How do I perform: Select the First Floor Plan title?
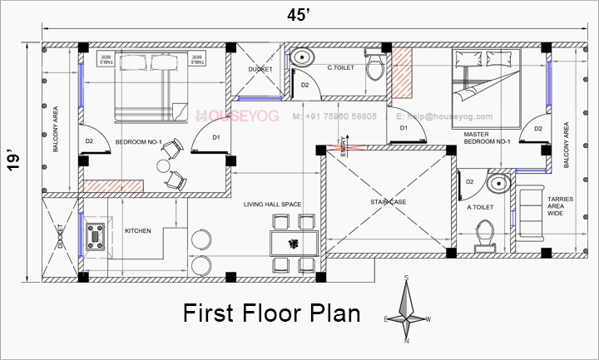pyautogui.click(x=271, y=313)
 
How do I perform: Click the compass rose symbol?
pyautogui.click(x=407, y=308)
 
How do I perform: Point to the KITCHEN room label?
pyautogui.click(x=137, y=230)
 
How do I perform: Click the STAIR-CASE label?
pyautogui.click(x=387, y=201)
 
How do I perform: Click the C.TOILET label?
pyautogui.click(x=341, y=67)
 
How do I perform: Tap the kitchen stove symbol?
pyautogui.click(x=96, y=236)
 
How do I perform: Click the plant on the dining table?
pyautogui.click(x=293, y=244)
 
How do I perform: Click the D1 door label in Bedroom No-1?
pyautogui.click(x=215, y=137)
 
